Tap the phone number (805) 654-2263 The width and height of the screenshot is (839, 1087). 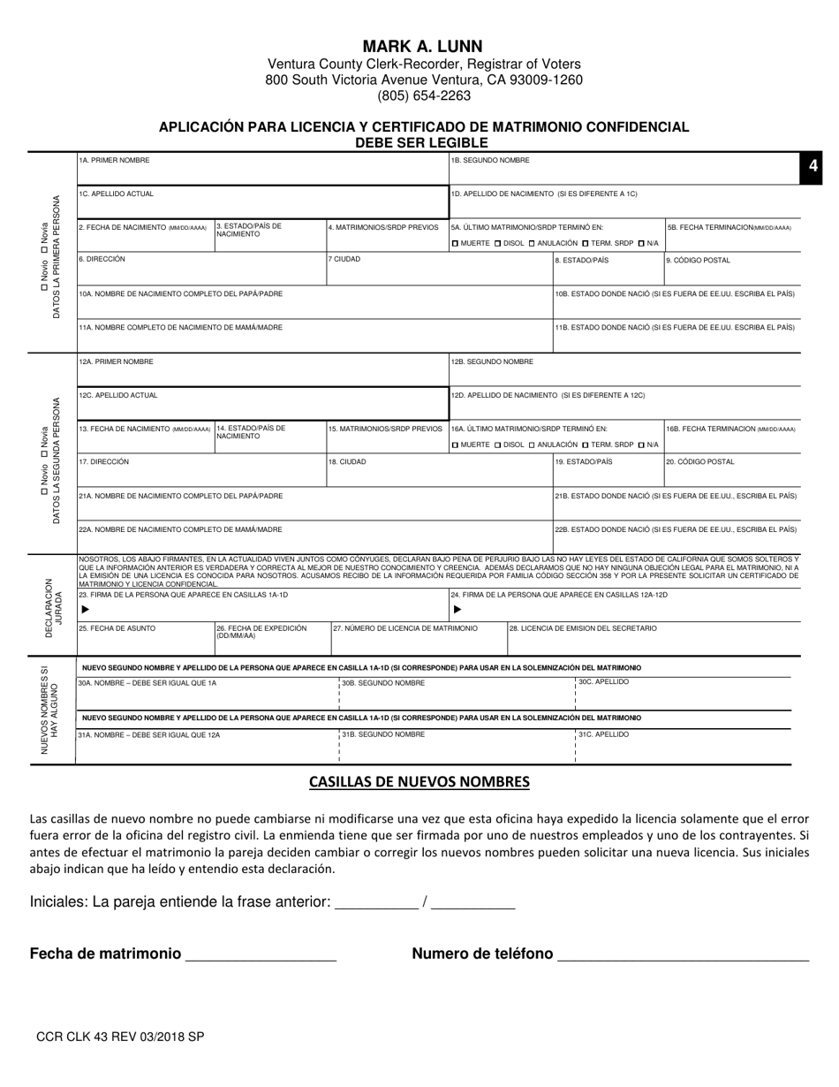point(423,96)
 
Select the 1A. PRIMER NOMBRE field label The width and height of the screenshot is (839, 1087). point(115,161)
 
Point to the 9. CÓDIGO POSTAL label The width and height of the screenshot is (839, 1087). point(697,260)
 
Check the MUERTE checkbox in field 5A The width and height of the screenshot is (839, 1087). point(455,243)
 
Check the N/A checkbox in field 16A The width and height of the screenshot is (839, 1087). point(641,445)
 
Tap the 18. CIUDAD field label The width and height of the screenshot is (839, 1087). point(347,461)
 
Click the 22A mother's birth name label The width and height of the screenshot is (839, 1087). point(181,529)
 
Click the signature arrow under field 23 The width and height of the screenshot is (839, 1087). point(85,610)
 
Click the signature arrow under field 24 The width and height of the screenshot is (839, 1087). point(457,610)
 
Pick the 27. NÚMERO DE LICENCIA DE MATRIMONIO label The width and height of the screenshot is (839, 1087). point(405,628)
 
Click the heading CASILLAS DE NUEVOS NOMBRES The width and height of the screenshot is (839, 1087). point(419,782)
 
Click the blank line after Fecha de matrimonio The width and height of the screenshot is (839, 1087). point(261,956)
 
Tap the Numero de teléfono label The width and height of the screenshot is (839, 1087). point(482,954)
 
